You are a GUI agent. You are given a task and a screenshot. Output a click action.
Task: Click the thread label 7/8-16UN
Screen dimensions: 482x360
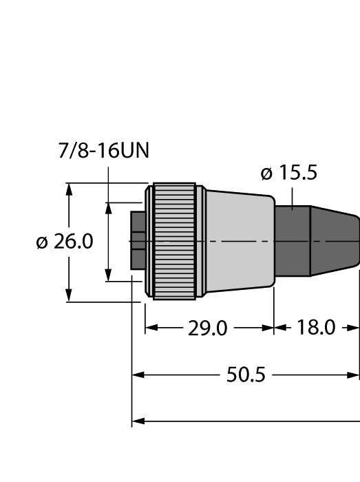[x=104, y=150]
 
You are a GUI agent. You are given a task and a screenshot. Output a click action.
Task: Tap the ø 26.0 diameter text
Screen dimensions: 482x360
[x=64, y=242]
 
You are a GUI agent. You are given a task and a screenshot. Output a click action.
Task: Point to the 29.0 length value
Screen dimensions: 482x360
[x=208, y=328]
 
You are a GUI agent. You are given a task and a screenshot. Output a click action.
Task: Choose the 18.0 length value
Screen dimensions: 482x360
[x=316, y=328]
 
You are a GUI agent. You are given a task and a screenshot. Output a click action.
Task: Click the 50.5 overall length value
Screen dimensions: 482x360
[x=246, y=375]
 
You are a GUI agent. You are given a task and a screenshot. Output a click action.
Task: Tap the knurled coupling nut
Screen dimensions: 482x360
[x=173, y=241]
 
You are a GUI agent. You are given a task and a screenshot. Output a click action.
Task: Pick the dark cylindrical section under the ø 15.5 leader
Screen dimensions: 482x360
[x=292, y=241]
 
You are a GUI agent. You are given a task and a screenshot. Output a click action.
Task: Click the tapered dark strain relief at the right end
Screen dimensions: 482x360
[x=334, y=241]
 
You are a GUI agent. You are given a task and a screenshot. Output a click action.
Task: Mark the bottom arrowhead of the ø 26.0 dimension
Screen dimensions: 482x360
[x=69, y=296]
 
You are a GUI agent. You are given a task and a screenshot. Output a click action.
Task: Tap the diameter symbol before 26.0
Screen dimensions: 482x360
[x=42, y=242]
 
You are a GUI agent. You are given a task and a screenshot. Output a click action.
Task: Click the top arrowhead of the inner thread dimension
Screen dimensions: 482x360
[x=108, y=207]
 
